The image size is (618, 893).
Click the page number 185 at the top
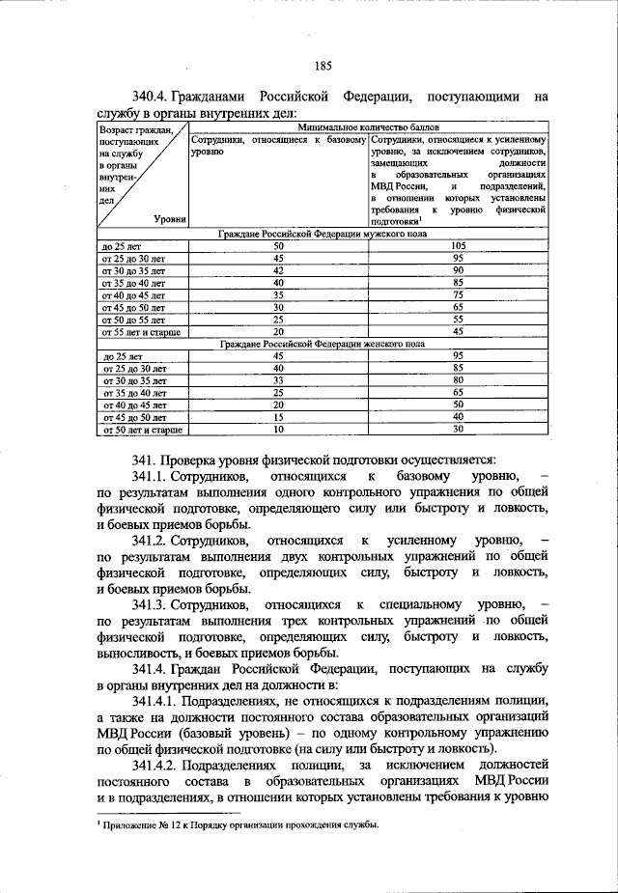pos(323,67)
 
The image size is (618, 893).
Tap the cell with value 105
pos(459,246)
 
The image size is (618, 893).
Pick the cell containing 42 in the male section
pos(278,271)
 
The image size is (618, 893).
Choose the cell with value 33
pos(278,381)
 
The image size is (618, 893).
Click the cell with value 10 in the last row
pos(278,430)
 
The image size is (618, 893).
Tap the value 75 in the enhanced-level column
pos(459,295)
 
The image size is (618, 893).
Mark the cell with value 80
pos(459,381)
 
